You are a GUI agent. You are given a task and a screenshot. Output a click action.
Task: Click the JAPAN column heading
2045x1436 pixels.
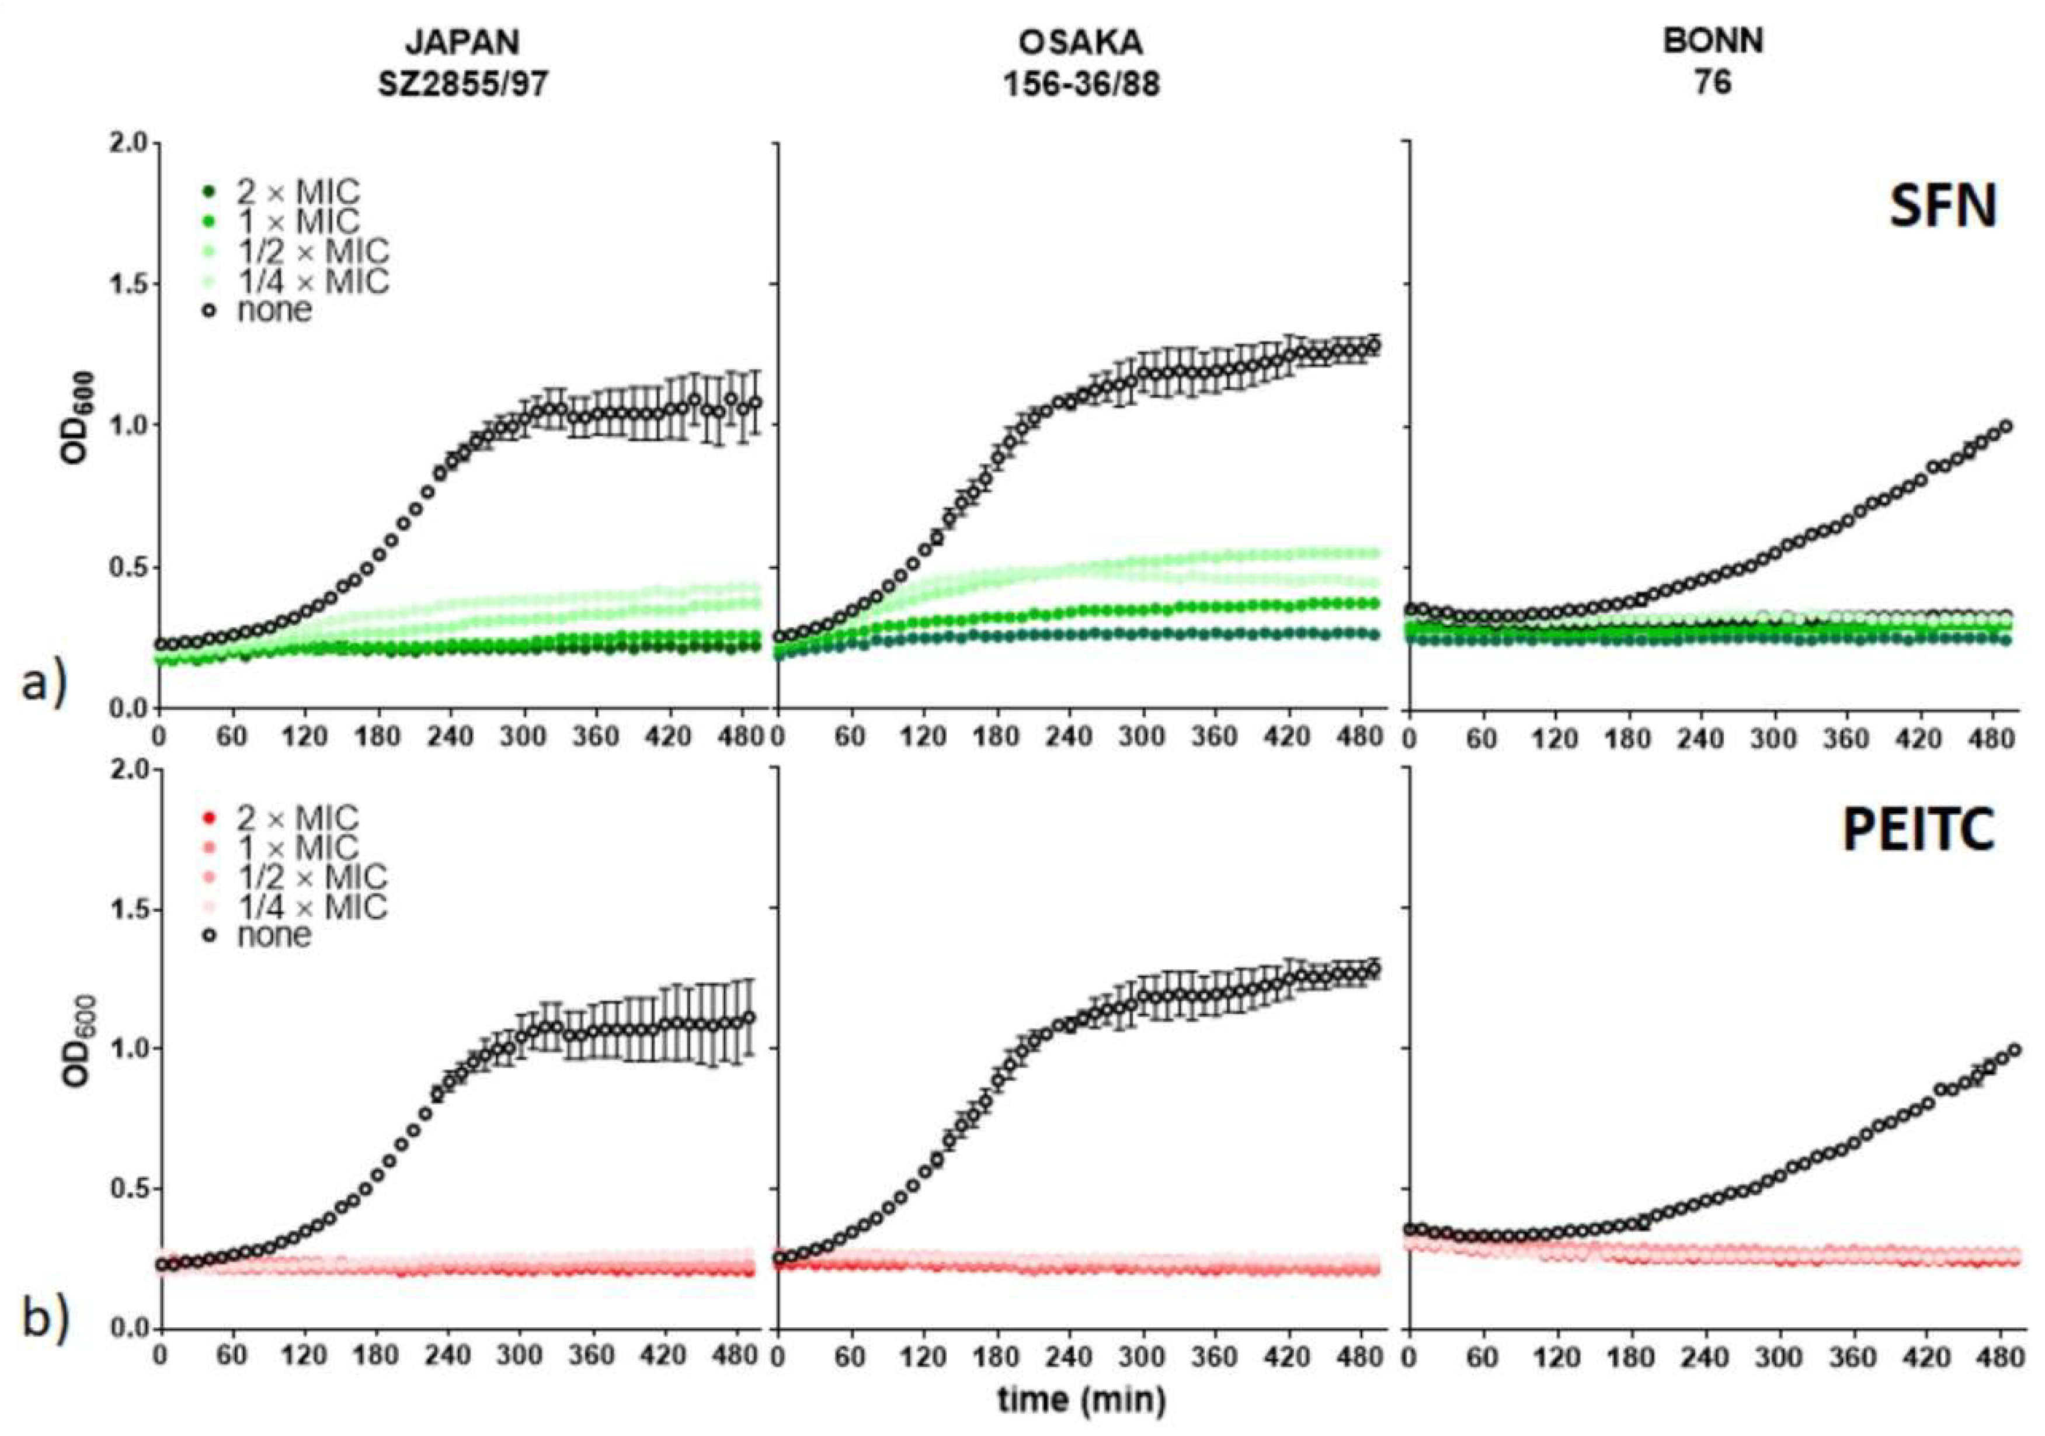click(x=462, y=42)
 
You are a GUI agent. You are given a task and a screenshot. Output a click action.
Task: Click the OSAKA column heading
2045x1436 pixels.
click(x=1081, y=42)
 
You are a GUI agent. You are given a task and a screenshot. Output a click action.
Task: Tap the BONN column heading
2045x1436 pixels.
click(x=1712, y=42)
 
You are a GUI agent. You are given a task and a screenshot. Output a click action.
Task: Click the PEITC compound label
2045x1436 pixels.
click(x=1918, y=830)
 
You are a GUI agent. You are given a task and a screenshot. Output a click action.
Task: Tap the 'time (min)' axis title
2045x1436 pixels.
click(x=1081, y=1399)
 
